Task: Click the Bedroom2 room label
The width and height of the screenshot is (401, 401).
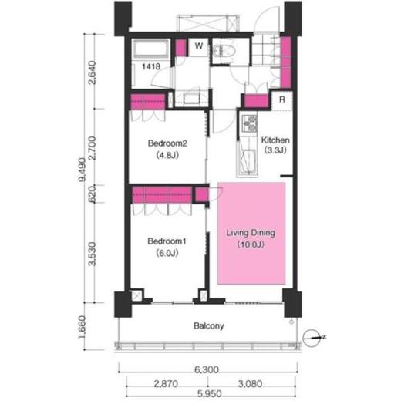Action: coord(167,143)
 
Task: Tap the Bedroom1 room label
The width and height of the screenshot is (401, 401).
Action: coord(167,241)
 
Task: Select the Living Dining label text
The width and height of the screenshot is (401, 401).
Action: coord(251,233)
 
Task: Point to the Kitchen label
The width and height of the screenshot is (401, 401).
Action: coord(275,140)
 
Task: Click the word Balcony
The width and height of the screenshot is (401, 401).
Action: coord(209,326)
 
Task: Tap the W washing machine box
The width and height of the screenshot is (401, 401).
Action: coord(198,47)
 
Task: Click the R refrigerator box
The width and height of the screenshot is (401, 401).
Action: coord(282,99)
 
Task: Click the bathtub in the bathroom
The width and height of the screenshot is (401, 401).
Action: coord(151,49)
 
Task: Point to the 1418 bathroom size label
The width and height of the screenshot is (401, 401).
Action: coord(151,67)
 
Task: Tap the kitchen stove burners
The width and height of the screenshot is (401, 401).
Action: coord(250,123)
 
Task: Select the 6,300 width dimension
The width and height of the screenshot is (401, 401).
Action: coord(207,369)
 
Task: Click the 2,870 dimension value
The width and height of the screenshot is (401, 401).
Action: coord(166,384)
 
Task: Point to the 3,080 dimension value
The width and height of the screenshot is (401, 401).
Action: coord(250,384)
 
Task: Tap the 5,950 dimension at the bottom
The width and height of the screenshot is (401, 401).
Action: coord(210,393)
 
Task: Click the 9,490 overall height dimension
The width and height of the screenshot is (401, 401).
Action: coord(82,170)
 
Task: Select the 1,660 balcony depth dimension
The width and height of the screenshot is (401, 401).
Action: coord(82,327)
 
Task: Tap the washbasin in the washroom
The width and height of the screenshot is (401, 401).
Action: coord(191,98)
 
